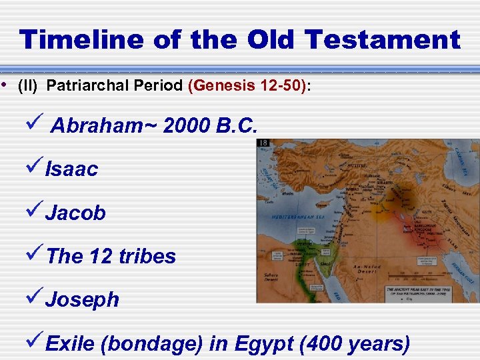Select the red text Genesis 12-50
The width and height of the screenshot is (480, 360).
click(x=248, y=86)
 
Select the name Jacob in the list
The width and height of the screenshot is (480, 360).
click(x=75, y=213)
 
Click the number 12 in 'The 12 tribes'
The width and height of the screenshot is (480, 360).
click(x=99, y=256)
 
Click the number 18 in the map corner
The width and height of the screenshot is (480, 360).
click(x=264, y=143)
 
